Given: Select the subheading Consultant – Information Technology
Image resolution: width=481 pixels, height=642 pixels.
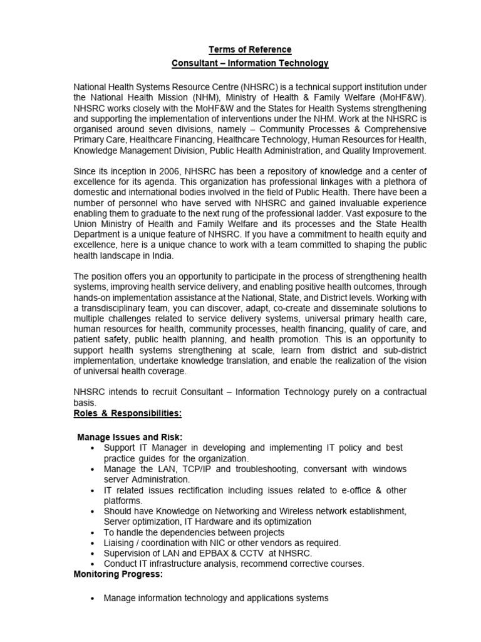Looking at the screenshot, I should (250, 63).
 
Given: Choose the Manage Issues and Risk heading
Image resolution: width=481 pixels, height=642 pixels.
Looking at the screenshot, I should (130, 437).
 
